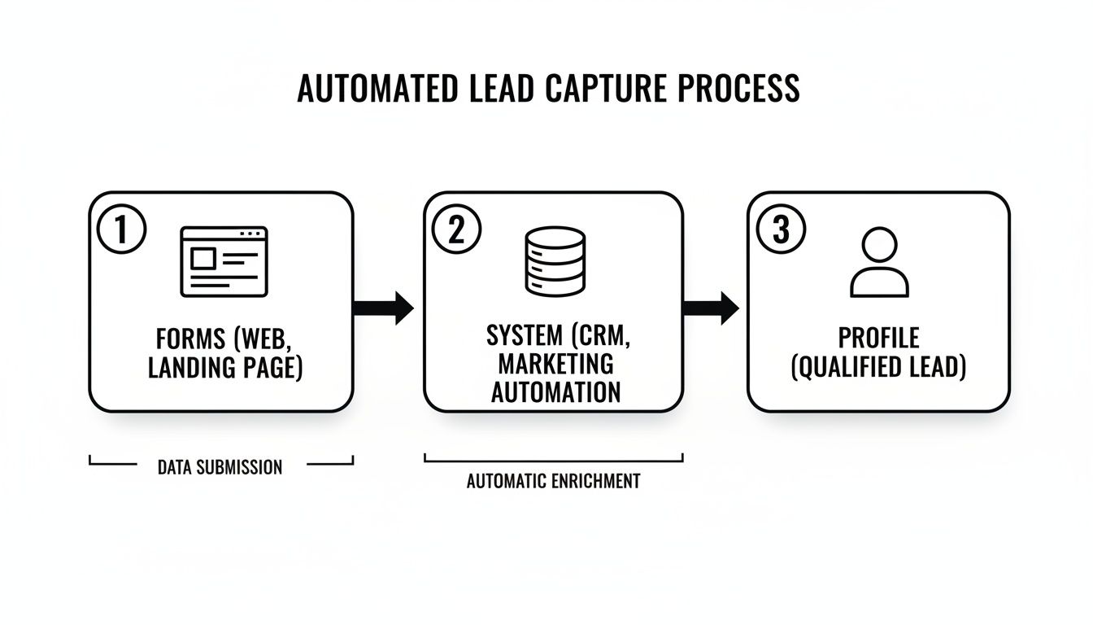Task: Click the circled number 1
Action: (121, 230)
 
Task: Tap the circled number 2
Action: (456, 230)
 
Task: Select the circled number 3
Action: (781, 230)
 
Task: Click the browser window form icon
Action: (224, 260)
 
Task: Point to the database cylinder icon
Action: (555, 260)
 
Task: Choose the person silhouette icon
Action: (879, 262)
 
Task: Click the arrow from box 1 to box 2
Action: (384, 308)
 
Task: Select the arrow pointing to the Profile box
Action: (710, 308)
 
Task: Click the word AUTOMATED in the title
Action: (377, 89)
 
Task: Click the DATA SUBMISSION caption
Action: (220, 467)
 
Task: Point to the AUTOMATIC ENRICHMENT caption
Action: (553, 481)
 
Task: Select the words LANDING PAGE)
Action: (224, 368)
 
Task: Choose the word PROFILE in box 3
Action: (878, 339)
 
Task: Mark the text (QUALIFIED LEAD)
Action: (878, 368)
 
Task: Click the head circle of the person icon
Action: (879, 243)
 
